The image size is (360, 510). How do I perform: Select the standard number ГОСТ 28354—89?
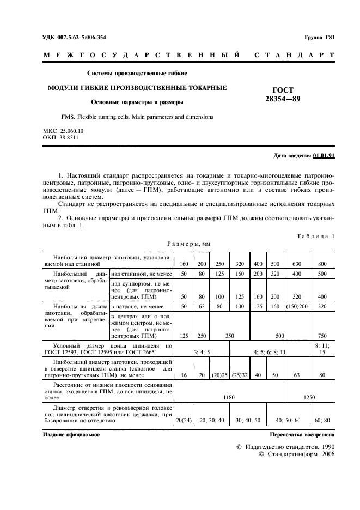283,94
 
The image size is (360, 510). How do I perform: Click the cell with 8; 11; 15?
322,349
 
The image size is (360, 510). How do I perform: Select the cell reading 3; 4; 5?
202,353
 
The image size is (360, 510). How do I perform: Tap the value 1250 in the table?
309,397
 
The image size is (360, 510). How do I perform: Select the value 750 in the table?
322,336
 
